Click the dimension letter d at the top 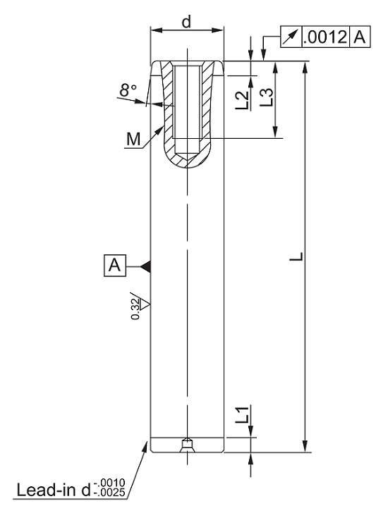(186, 22)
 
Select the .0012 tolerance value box (326, 37)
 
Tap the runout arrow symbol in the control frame (291, 37)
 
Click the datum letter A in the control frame (360, 37)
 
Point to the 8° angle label (128, 90)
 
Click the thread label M (133, 139)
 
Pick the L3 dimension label (267, 97)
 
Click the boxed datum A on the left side (115, 266)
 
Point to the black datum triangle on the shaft (145, 266)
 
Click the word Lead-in (47, 490)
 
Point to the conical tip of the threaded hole (187, 156)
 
